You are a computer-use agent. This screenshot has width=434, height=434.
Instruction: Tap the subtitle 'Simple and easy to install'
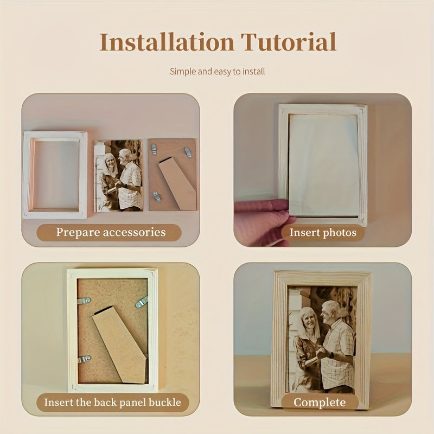click(x=218, y=71)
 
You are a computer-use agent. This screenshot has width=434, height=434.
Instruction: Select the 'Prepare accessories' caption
click(x=111, y=232)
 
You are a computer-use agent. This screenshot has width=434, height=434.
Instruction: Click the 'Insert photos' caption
click(x=323, y=233)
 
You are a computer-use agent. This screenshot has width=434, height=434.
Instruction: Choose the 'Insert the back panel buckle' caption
click(x=113, y=403)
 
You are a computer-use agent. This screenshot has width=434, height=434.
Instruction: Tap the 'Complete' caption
click(x=320, y=402)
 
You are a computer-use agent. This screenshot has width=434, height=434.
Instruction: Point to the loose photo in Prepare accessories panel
click(x=119, y=176)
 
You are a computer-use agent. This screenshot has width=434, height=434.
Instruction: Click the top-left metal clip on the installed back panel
click(x=84, y=301)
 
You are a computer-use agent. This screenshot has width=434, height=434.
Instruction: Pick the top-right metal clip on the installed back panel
click(x=142, y=301)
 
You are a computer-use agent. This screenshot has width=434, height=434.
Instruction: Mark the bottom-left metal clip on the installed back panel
click(x=84, y=359)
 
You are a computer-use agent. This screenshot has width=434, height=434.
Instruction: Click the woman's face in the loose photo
click(x=109, y=162)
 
